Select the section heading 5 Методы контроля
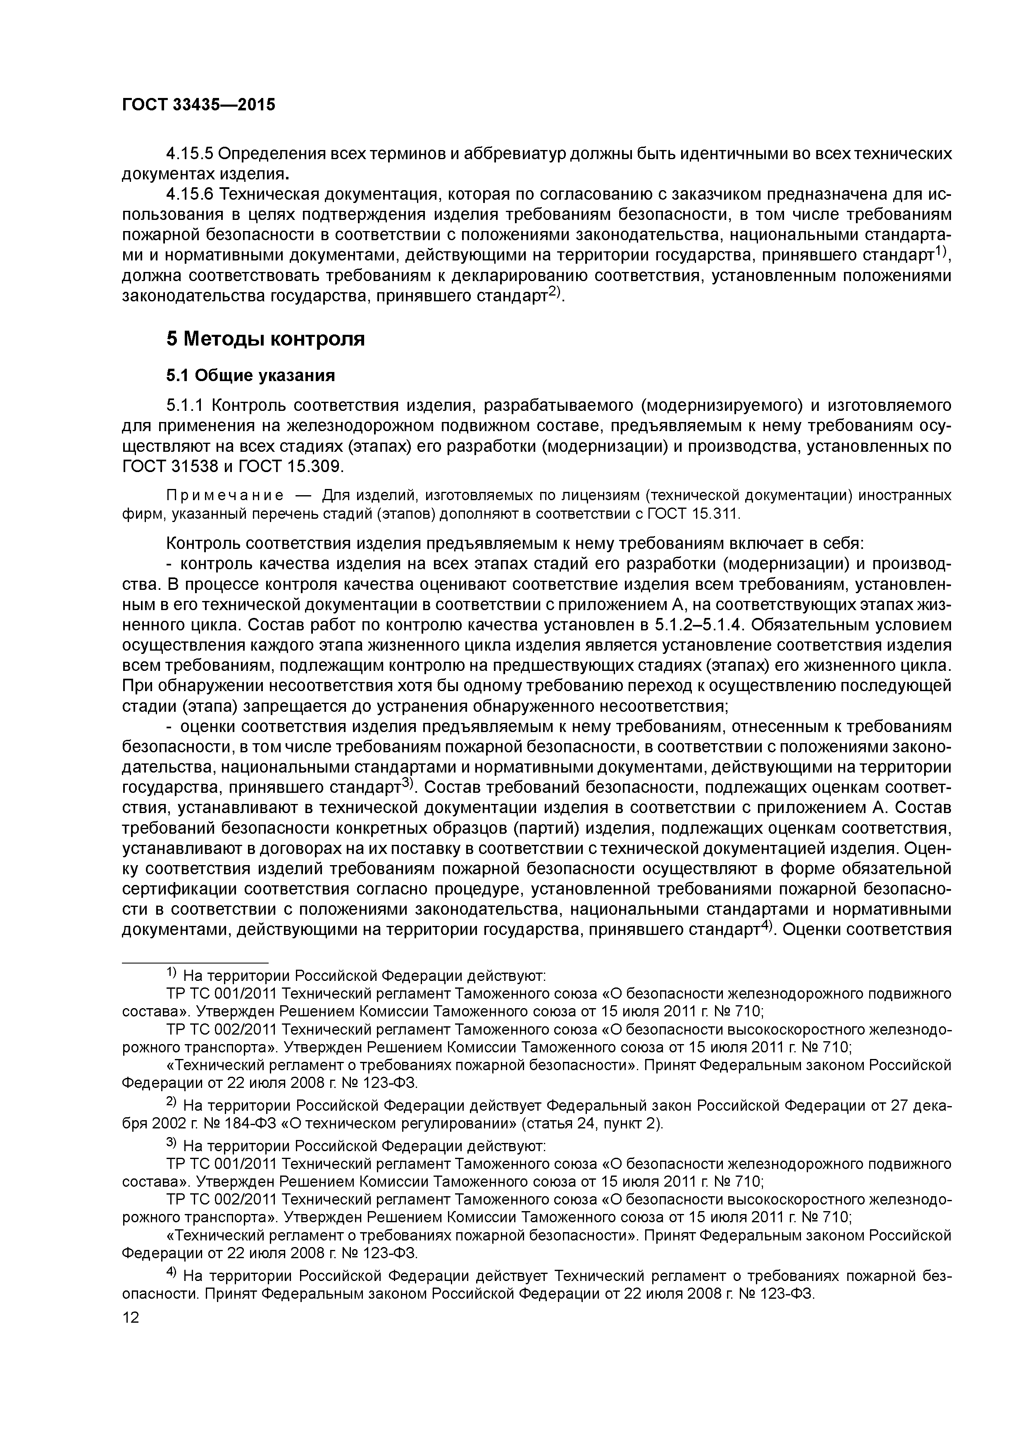click(266, 339)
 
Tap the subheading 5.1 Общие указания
click(250, 376)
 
